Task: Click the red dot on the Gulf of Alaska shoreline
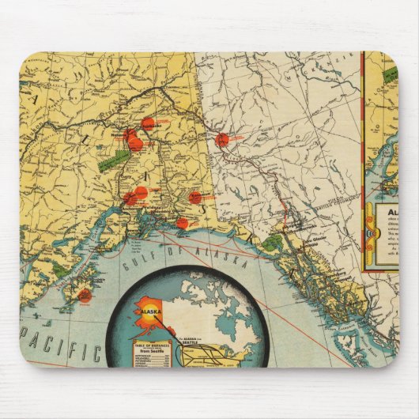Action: [182, 223]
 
